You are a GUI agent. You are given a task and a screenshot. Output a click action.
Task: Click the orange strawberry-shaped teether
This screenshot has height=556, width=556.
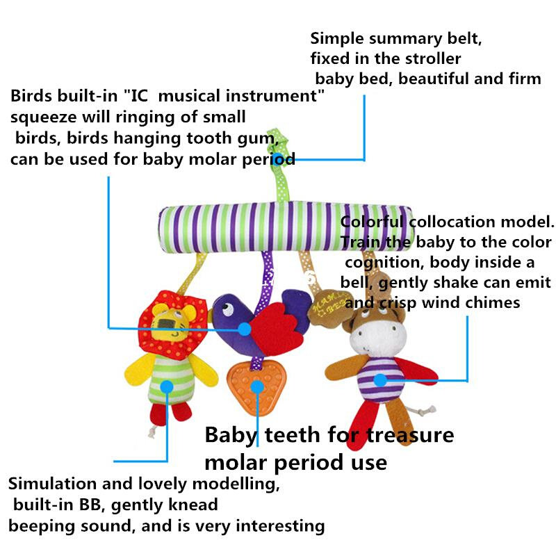tap(256, 387)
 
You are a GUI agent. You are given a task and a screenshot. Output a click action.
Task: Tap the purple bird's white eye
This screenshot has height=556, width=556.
tap(227, 309)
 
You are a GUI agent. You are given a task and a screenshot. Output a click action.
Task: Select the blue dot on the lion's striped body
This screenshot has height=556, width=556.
tap(167, 386)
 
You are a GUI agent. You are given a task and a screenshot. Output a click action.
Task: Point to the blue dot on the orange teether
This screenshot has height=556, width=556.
tap(257, 387)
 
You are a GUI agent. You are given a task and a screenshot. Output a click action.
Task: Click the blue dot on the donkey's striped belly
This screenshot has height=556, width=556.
tap(380, 380)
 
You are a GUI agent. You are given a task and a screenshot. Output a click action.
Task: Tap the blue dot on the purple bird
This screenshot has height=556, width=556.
tap(245, 329)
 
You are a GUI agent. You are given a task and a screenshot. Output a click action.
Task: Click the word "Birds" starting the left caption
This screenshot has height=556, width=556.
tap(31, 96)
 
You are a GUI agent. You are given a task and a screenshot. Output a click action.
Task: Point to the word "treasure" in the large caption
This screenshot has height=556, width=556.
tap(410, 436)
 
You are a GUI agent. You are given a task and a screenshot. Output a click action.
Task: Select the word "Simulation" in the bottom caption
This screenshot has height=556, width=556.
tap(53, 483)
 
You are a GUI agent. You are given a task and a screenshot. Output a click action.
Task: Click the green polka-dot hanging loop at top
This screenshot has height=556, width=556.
tap(279, 167)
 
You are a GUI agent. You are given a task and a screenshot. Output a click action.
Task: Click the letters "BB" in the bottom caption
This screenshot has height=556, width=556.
tap(90, 505)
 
